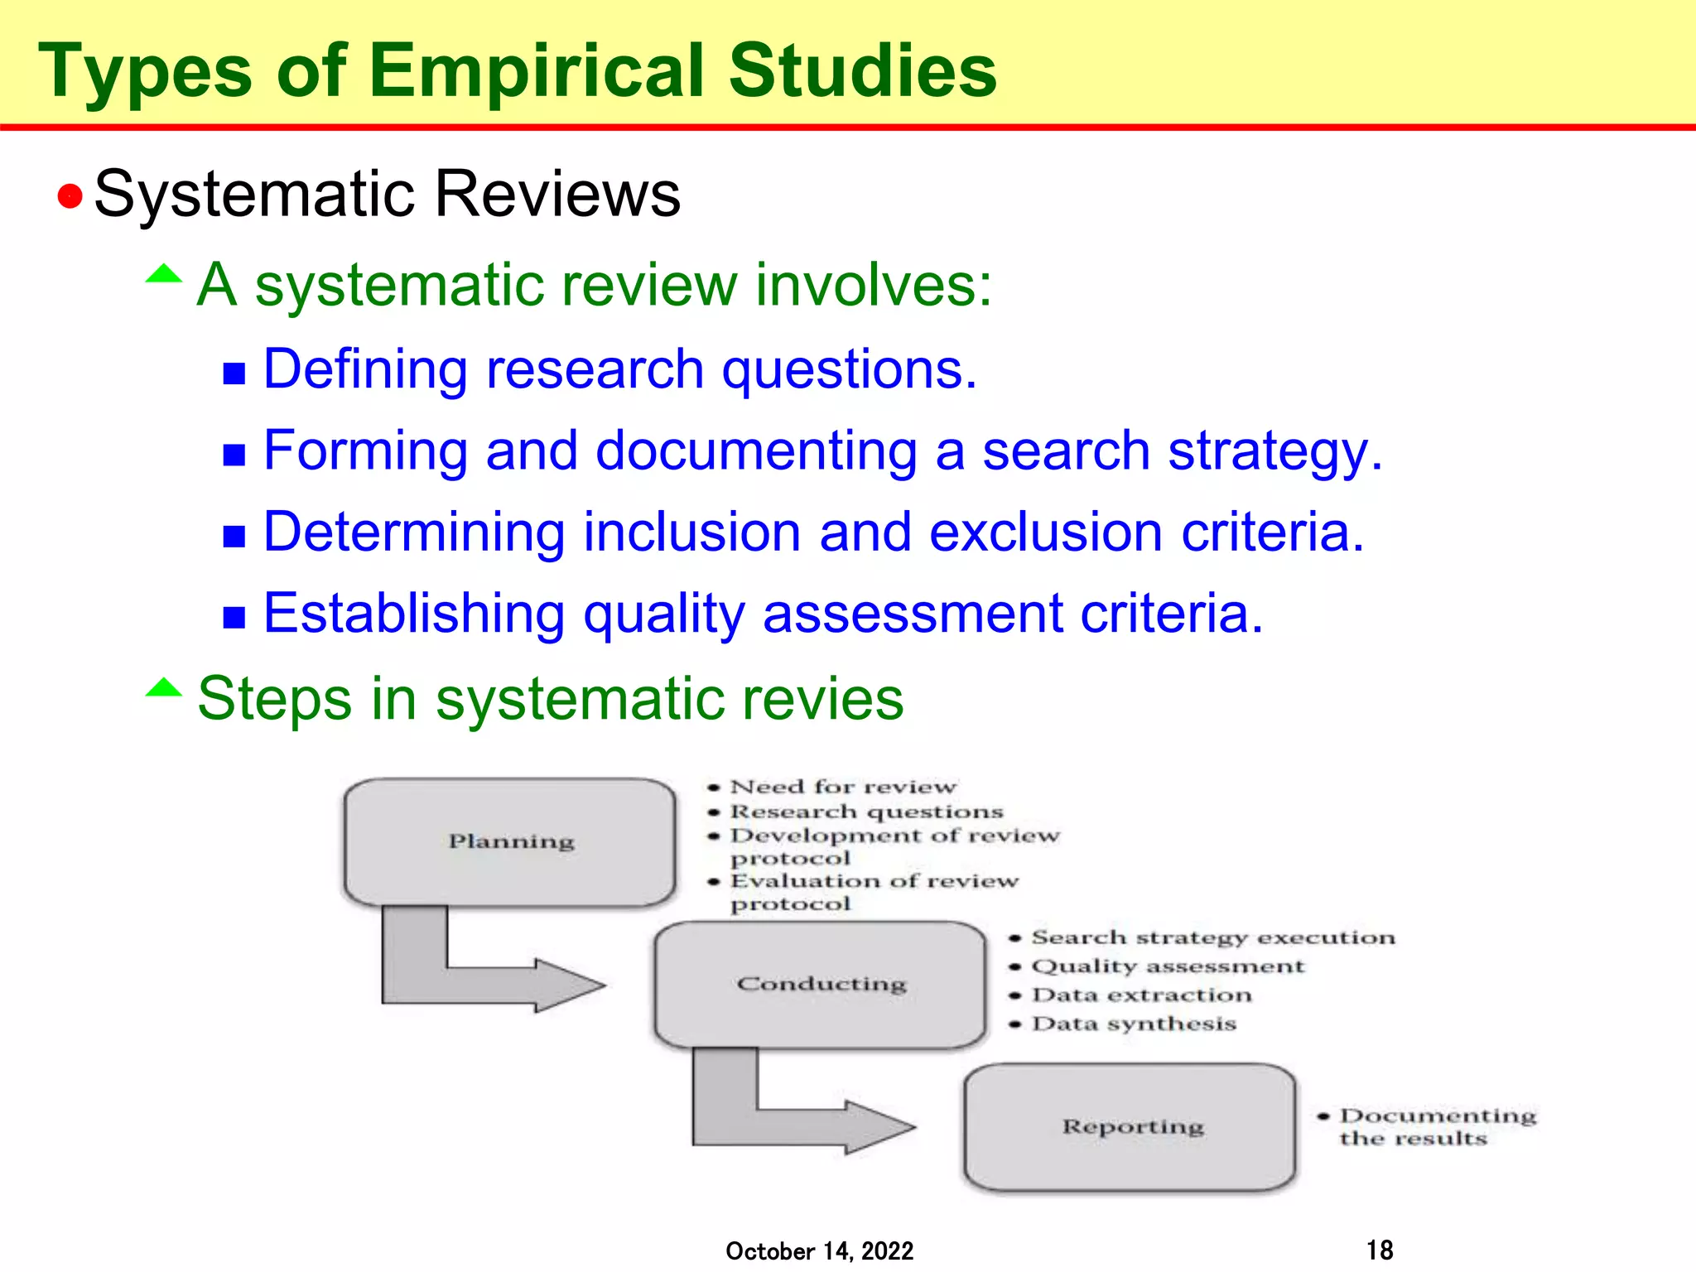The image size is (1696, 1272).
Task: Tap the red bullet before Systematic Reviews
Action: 70,197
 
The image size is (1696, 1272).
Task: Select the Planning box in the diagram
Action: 510,842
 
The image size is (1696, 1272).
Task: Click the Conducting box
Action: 821,985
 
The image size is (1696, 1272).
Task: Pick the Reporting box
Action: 1131,1127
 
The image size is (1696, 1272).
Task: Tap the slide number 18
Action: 1380,1250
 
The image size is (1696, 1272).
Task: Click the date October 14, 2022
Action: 819,1250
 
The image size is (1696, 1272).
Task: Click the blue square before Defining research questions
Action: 234,373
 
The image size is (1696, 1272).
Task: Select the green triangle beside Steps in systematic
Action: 164,688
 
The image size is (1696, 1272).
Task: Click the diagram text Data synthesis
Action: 1134,1024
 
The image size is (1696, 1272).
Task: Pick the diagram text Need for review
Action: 843,787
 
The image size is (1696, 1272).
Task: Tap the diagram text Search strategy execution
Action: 1213,937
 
